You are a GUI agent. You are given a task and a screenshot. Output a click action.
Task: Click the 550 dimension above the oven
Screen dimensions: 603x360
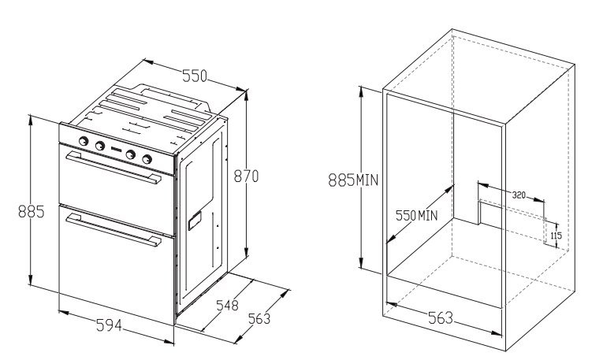pos(194,76)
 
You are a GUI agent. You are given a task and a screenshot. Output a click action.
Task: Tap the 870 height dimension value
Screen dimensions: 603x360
pos(247,176)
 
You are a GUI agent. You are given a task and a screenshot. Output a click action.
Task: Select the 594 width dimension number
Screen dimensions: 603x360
pos(109,325)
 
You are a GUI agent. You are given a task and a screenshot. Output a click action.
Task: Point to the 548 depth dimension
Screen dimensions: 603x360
pos(227,306)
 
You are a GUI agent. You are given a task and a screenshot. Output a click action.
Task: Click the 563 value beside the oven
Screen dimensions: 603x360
pos(259,319)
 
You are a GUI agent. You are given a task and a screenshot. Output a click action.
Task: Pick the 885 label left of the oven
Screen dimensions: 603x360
pos(32,212)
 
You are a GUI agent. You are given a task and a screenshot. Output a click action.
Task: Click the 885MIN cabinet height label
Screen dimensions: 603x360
pos(353,180)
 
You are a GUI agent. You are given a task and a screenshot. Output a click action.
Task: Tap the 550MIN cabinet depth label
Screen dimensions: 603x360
pos(417,216)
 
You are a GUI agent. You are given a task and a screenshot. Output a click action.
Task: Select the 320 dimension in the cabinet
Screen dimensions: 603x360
pos(519,195)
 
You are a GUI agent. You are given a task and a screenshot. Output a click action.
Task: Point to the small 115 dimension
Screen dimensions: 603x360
pos(556,235)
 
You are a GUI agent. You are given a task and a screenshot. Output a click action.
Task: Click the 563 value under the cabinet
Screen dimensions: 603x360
pos(441,318)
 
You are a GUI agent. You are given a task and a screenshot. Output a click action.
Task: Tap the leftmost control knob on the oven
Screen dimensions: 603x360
pos(84,141)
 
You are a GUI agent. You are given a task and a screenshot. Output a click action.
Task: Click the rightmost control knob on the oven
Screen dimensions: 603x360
pos(147,159)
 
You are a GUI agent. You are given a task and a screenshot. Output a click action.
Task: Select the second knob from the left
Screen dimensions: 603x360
pos(99,146)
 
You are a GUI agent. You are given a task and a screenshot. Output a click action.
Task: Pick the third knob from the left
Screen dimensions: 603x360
pos(131,154)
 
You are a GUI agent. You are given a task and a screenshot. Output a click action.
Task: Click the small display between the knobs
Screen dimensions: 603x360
pos(115,150)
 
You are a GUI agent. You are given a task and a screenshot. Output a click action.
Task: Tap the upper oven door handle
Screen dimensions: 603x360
pos(114,168)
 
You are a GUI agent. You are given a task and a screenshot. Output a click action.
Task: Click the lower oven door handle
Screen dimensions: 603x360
pos(114,229)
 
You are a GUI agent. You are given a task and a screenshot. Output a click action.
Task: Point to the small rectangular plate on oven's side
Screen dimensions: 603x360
pos(195,221)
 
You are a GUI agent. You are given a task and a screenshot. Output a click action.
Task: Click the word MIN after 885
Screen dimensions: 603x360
pos(367,180)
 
